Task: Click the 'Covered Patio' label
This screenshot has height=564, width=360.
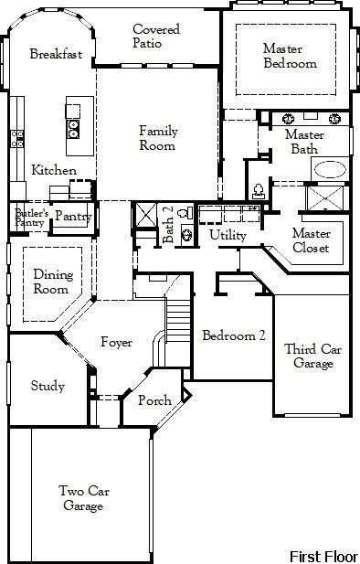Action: coord(155,36)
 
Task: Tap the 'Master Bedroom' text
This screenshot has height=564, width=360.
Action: coord(290,56)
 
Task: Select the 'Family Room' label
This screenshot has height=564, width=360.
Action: coord(158,138)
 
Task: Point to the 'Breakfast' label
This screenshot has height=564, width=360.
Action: coord(56,55)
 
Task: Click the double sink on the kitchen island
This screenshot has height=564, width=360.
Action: coord(73,129)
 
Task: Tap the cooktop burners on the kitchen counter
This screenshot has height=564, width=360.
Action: coord(16,138)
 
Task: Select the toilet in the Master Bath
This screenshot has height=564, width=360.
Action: coord(258,191)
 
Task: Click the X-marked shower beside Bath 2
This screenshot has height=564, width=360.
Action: coord(145,217)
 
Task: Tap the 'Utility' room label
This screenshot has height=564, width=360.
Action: coord(228,235)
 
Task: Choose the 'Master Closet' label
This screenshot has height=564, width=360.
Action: coord(311,239)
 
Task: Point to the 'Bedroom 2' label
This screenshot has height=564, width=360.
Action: coord(234,335)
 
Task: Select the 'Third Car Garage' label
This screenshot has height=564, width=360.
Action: coord(313,356)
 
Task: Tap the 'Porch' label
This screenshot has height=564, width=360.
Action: coord(154,401)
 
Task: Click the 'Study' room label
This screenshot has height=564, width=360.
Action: coord(48,386)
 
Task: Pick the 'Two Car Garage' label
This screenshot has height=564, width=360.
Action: coord(82,497)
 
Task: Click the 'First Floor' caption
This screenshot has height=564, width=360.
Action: coord(323,555)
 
